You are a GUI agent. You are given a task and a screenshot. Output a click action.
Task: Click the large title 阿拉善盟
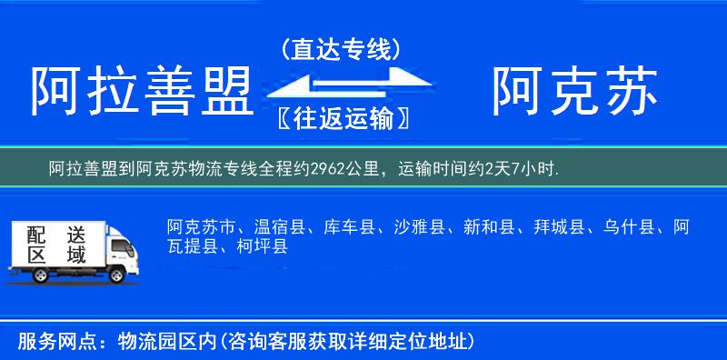click(x=140, y=91)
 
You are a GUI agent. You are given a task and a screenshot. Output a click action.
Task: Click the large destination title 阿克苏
click(x=574, y=91)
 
